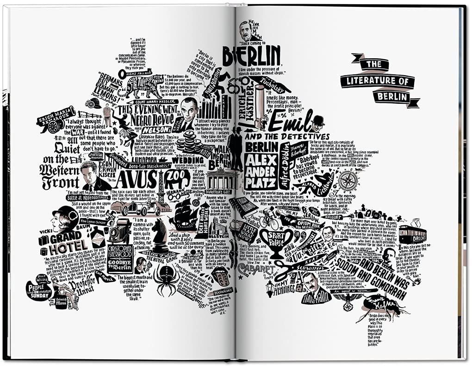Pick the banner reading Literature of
tap(377, 82)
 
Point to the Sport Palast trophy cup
tap(276, 239)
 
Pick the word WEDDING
tap(187, 160)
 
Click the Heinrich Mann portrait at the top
tap(246, 32)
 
